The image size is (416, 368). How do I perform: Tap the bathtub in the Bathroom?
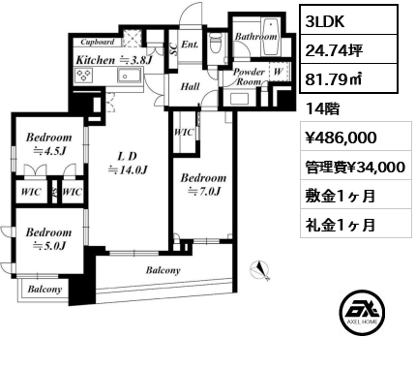[270, 37]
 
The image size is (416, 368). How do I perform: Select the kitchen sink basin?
[130, 76]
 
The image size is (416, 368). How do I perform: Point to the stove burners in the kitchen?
[84, 76]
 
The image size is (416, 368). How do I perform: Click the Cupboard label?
[98, 42]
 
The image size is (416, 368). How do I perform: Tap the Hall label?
[190, 86]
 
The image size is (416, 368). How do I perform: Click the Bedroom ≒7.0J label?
[203, 185]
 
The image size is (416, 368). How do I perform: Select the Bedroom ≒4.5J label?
[48, 144]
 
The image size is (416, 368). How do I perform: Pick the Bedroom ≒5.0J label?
[48, 239]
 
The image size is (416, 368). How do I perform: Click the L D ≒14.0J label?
[128, 163]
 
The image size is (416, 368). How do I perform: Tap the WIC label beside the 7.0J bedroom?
[184, 133]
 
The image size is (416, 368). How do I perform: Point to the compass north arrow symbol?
[260, 270]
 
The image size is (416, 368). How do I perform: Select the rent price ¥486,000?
[341, 138]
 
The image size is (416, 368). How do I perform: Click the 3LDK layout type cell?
[325, 21]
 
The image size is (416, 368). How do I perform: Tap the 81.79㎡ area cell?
[334, 79]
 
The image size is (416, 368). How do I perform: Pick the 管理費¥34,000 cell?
[355, 168]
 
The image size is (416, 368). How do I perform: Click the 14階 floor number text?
[322, 109]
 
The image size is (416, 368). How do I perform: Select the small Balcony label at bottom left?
[45, 289]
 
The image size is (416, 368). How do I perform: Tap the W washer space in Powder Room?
[278, 72]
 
